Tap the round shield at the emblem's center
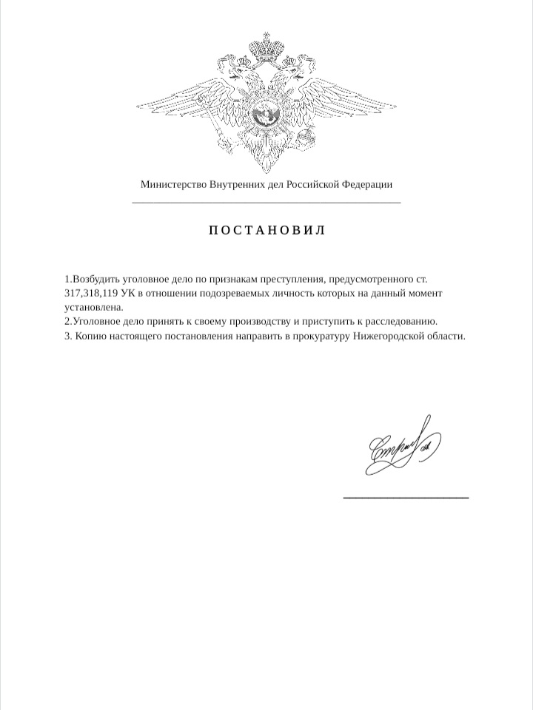point(266,114)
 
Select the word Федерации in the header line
point(366,184)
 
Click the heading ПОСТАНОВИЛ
point(266,230)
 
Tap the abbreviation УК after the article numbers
point(128,294)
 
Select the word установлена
point(93,307)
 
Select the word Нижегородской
point(389,335)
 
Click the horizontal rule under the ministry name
point(266,202)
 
